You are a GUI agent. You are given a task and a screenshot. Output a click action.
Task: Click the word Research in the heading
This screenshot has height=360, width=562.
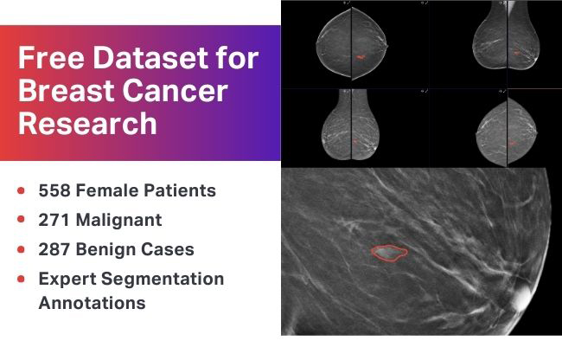(x=87, y=123)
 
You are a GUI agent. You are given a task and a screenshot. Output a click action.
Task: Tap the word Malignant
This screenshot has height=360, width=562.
(x=118, y=220)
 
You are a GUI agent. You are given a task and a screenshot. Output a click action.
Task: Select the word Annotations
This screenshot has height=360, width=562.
(x=92, y=303)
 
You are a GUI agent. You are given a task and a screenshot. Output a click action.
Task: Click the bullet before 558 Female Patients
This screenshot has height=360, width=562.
(x=21, y=190)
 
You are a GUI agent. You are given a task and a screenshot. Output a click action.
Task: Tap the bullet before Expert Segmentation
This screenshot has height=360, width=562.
(x=21, y=280)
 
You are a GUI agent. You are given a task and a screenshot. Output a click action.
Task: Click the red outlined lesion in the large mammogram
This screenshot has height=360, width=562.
(x=389, y=252)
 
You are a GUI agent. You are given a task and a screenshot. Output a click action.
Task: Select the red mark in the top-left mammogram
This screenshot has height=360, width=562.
(x=360, y=57)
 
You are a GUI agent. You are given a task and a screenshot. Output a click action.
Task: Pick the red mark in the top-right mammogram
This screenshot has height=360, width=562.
(x=516, y=54)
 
